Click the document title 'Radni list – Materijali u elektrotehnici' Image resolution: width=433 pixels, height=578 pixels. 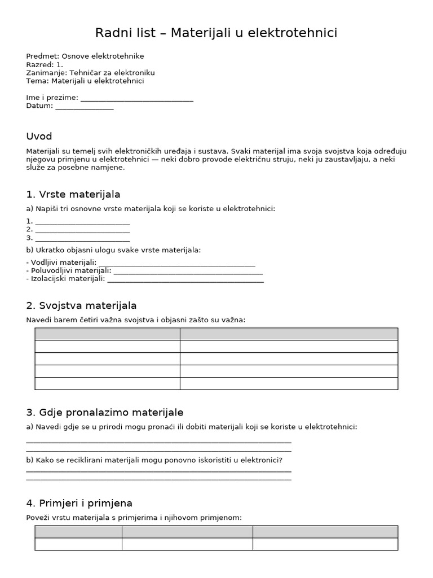click(216, 33)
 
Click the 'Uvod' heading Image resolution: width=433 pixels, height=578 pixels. click(39, 137)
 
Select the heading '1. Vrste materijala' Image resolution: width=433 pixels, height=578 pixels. click(73, 195)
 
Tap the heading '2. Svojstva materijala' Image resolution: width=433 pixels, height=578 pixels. click(81, 306)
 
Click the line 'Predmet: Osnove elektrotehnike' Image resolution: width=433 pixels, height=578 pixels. click(85, 56)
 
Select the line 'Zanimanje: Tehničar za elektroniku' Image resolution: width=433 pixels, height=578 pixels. click(90, 73)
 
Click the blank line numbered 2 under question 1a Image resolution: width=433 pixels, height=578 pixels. click(82, 231)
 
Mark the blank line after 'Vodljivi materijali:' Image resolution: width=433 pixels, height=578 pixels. click(176, 264)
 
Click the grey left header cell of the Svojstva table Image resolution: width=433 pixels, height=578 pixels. click(107, 334)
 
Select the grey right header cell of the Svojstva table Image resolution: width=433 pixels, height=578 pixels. click(289, 334)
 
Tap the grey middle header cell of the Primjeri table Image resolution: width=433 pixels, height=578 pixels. click(187, 532)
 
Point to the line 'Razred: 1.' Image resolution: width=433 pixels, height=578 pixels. click(45, 65)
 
